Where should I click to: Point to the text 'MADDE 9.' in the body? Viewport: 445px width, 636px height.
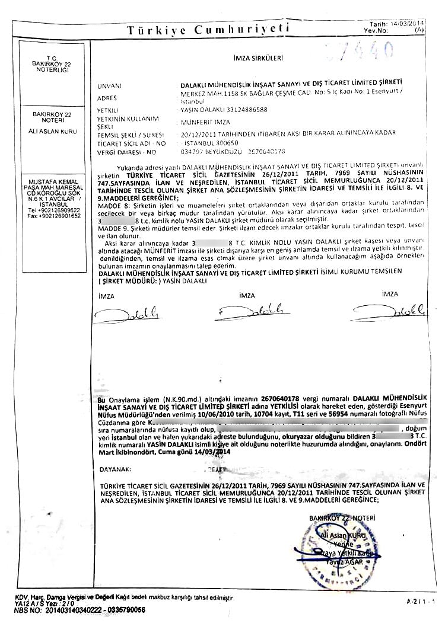111,228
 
